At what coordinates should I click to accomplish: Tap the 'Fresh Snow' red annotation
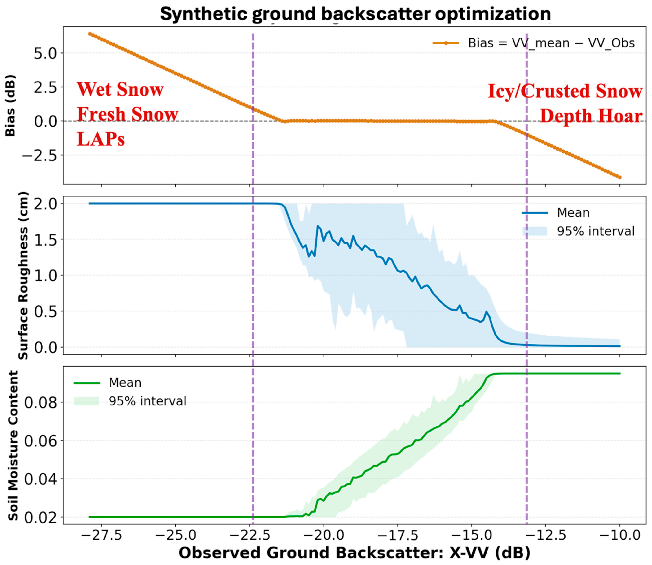coord(128,114)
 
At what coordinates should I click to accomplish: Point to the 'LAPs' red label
coord(101,139)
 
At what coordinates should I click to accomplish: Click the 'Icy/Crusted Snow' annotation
coord(565,91)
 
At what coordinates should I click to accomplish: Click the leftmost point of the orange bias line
coord(90,34)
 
